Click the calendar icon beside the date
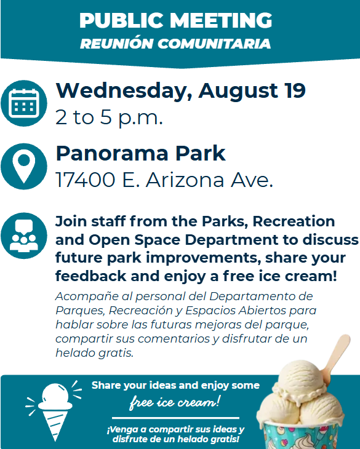click(24, 103)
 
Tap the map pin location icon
click(24, 166)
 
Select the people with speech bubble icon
click(24, 236)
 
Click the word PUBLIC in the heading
click(121, 20)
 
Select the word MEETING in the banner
click(220, 20)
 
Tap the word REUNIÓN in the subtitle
click(116, 44)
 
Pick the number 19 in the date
click(295, 90)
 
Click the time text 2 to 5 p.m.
click(109, 117)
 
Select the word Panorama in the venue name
click(112, 154)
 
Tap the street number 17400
click(86, 180)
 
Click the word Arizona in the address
click(185, 180)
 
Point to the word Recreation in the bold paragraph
click(294, 221)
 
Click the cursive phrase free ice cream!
click(175, 402)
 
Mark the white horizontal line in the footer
click(175, 418)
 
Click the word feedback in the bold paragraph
click(90, 276)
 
